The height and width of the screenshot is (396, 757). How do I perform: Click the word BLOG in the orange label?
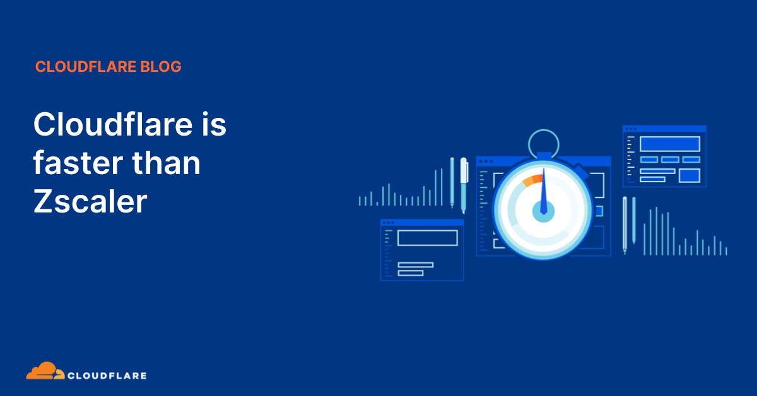163,67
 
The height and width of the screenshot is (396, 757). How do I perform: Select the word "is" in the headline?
213,125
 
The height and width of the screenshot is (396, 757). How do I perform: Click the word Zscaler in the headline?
90,202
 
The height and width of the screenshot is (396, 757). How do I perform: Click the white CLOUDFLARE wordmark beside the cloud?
107,376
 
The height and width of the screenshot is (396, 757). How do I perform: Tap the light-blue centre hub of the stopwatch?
543,211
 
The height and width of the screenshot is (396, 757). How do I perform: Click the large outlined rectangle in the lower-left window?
427,238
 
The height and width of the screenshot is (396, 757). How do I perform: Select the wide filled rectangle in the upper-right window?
669,144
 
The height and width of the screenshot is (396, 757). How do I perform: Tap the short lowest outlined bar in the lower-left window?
411,273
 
